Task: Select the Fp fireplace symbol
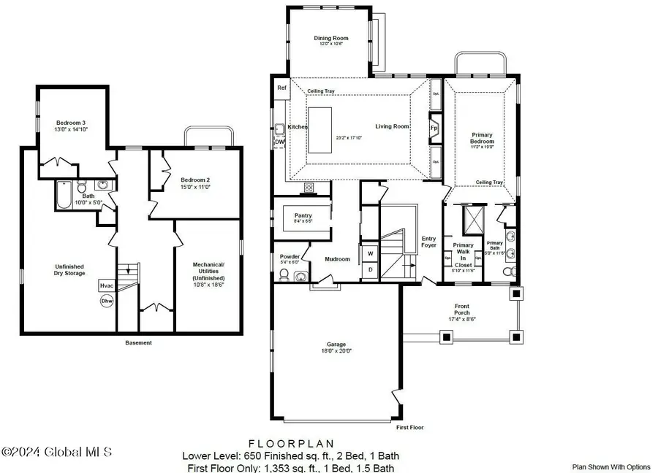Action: coord(434,127)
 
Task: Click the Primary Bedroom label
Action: coord(482,139)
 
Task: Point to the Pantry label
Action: coord(303,216)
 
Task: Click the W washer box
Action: coord(370,254)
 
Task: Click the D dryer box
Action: coord(370,270)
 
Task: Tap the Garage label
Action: coord(336,344)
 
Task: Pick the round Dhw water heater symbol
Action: coord(107,301)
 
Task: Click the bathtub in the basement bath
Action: coord(63,195)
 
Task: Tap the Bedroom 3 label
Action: coord(71,123)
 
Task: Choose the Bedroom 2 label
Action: coord(195,180)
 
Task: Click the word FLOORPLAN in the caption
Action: coord(291,443)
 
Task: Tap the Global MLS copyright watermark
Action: coord(57,453)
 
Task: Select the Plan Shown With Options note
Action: coord(610,466)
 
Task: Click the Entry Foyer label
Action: coord(428,242)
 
